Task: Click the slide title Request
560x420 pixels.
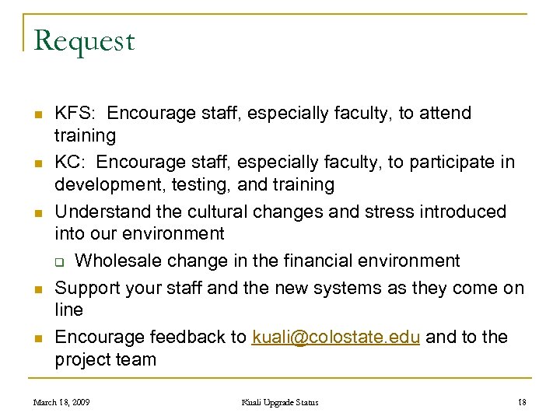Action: (85, 41)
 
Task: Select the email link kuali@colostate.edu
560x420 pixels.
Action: (336, 337)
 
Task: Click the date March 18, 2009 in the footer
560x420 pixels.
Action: (61, 402)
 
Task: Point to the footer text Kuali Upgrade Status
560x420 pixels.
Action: (280, 402)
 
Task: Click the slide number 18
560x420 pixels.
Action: (521, 402)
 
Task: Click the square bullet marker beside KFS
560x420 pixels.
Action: (36, 114)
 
